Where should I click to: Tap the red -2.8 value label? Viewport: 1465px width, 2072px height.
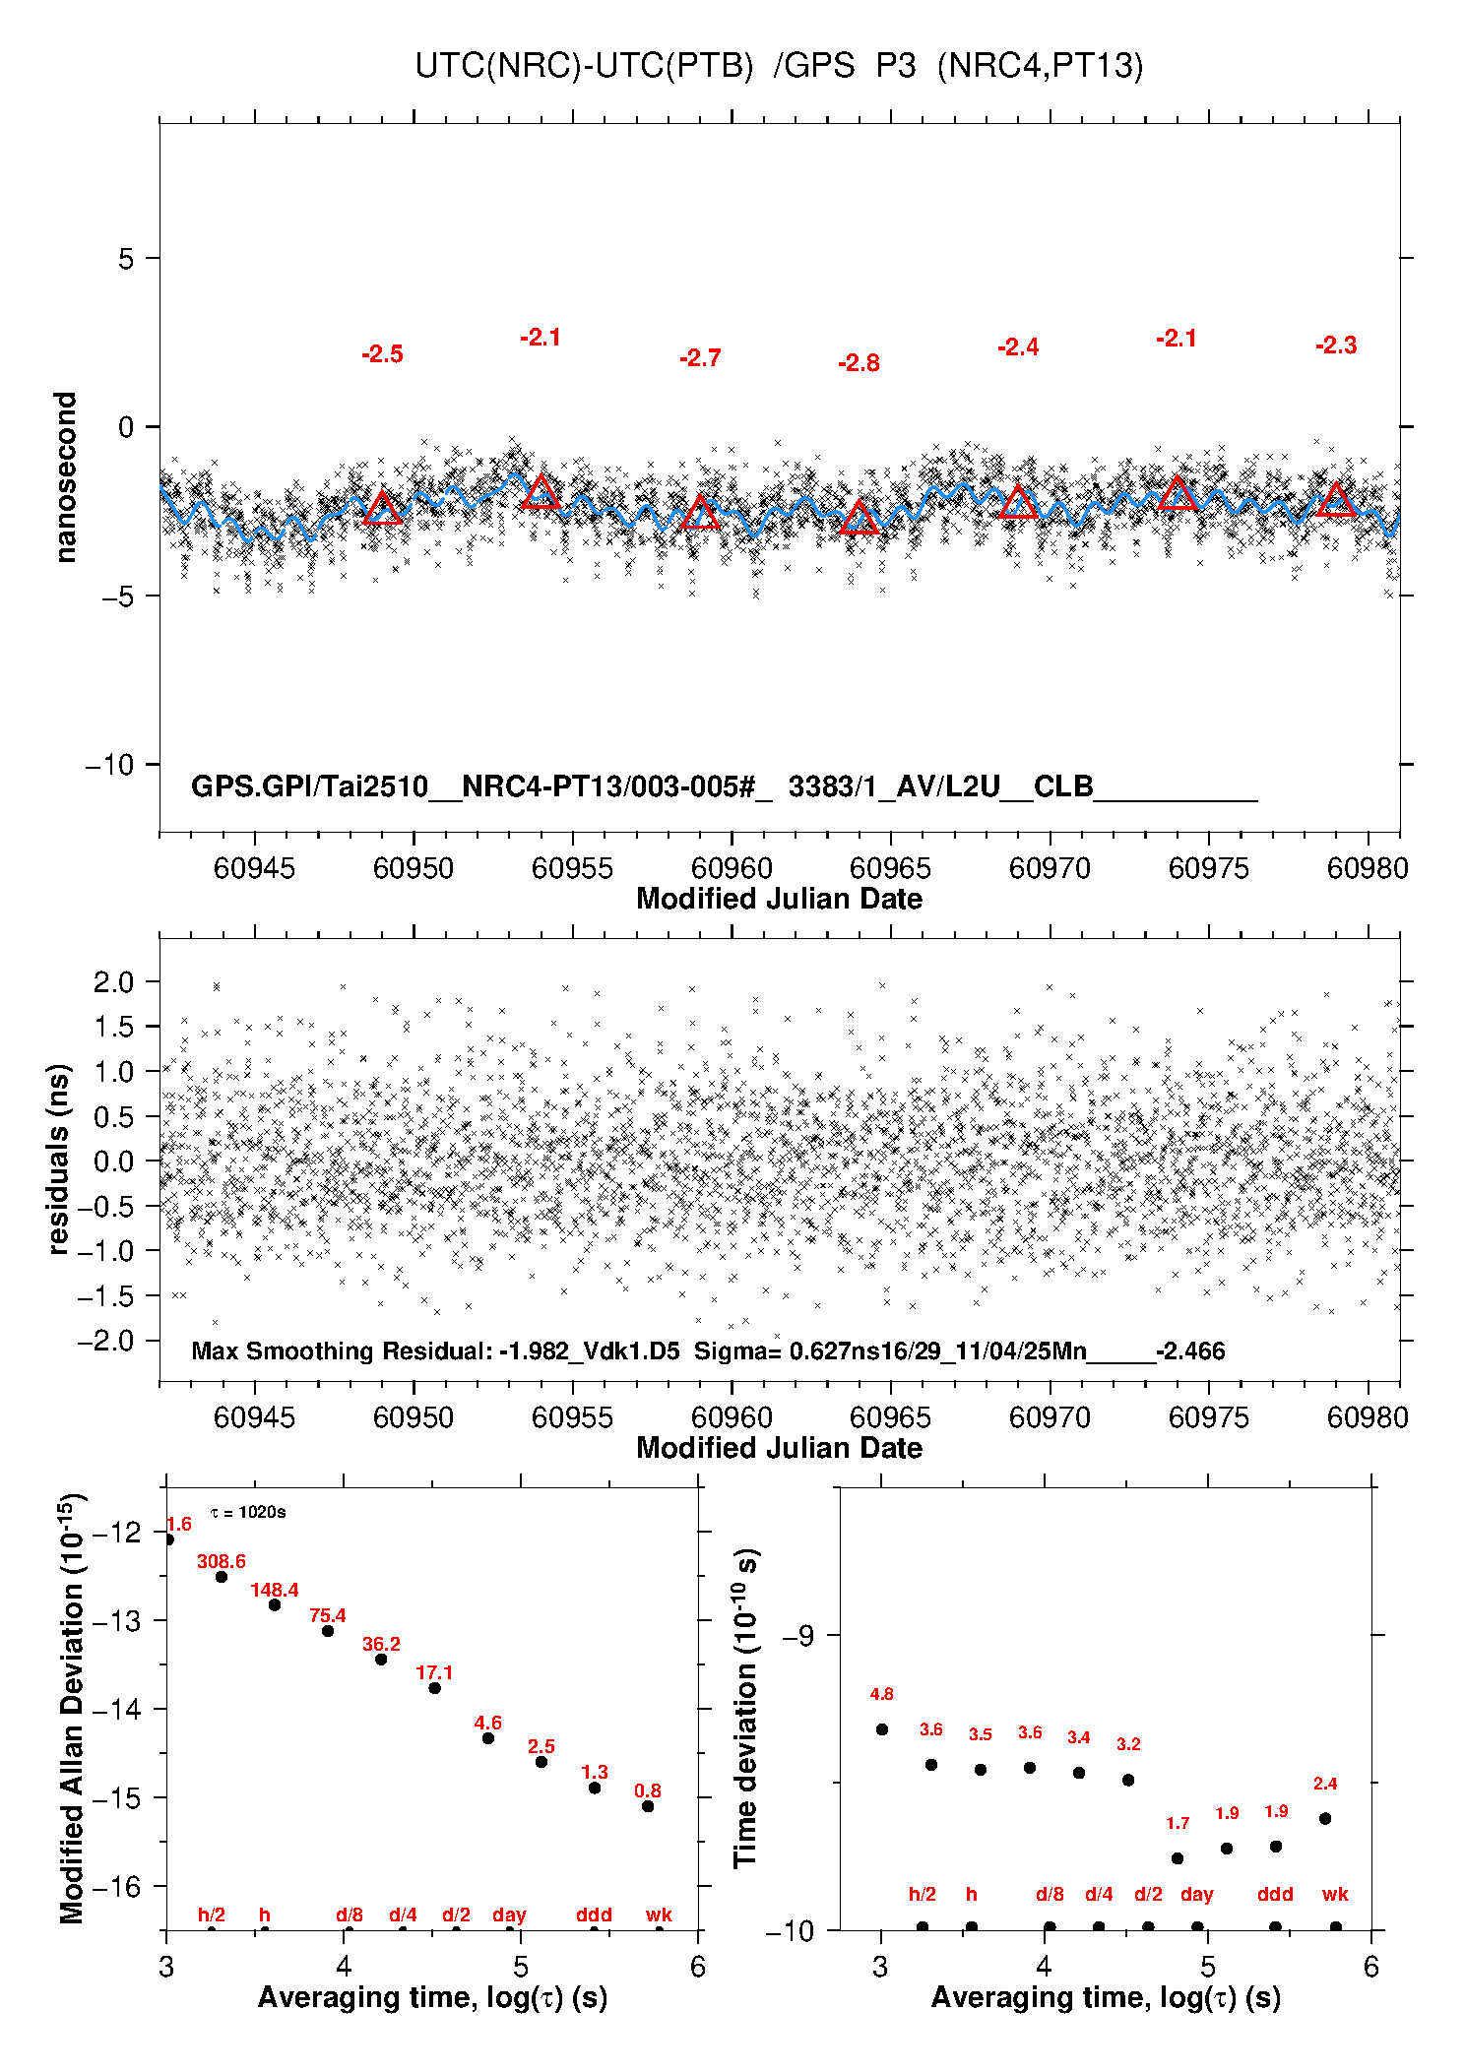point(859,364)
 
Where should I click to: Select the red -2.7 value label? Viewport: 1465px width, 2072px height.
point(700,358)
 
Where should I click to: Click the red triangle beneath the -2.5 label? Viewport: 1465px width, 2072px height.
point(383,509)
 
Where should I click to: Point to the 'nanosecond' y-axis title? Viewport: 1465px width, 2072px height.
point(66,477)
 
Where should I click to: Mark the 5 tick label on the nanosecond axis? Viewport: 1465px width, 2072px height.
point(125,259)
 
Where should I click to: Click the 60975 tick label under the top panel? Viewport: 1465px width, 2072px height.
point(1208,868)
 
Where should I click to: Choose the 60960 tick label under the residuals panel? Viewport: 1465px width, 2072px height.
point(732,1417)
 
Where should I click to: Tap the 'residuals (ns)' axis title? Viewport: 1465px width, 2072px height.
point(59,1160)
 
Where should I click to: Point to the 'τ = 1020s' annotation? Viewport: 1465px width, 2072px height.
point(248,1512)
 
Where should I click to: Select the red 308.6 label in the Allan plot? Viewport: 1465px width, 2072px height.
point(222,1561)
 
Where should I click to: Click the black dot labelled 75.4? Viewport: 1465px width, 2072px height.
point(328,1631)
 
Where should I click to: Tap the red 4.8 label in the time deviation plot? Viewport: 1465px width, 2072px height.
point(882,1694)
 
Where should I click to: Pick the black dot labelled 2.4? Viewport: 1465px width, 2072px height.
point(1325,1818)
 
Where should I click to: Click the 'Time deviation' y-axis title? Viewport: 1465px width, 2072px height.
point(745,1708)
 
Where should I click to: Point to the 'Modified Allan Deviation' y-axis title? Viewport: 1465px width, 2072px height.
point(72,1708)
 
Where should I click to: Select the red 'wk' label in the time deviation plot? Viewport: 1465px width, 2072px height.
point(1335,1894)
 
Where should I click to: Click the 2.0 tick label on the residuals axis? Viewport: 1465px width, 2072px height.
point(113,981)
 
